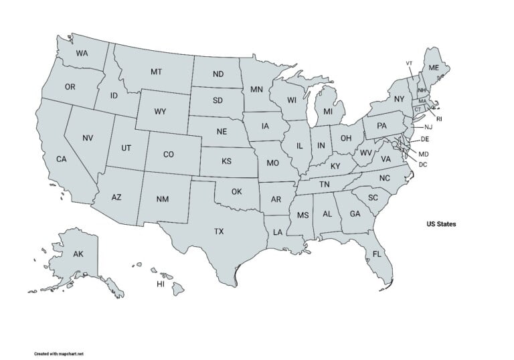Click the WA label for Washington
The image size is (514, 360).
(x=82, y=53)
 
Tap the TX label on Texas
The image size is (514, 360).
(x=219, y=232)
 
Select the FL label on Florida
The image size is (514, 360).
(x=377, y=254)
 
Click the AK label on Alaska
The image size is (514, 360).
(x=78, y=254)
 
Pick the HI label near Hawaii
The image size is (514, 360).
(x=161, y=284)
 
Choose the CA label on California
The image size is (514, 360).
(x=61, y=159)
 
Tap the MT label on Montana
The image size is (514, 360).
(x=156, y=72)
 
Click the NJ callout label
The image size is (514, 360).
(x=429, y=127)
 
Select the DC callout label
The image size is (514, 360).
(x=423, y=164)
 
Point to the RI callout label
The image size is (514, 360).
(x=439, y=119)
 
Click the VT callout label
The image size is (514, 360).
(x=409, y=63)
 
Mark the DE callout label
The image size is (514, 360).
(x=424, y=139)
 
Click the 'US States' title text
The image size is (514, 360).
(x=441, y=224)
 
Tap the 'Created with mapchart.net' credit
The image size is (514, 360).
(x=60, y=353)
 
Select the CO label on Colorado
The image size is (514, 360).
(x=169, y=155)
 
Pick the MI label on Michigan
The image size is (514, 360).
(x=327, y=112)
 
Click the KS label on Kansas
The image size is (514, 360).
(x=227, y=161)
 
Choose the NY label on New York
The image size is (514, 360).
(x=399, y=99)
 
